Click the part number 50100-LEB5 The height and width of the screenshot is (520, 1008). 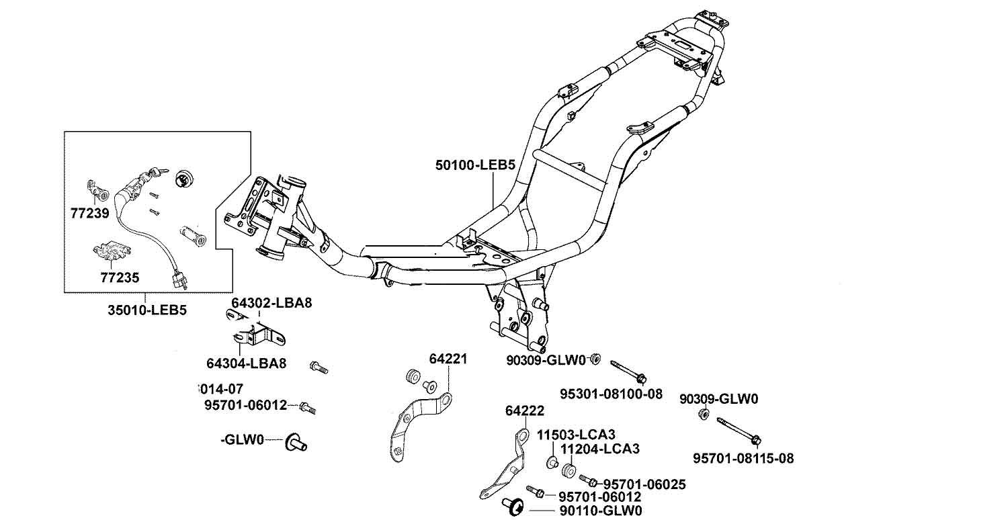click(474, 164)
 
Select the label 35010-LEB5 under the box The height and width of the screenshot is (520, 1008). click(147, 310)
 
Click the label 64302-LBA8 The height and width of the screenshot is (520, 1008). click(272, 303)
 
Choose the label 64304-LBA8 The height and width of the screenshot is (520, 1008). click(246, 363)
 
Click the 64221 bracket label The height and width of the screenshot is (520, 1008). click(448, 359)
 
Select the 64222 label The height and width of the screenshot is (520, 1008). click(524, 410)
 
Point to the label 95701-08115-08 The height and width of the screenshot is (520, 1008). click(743, 459)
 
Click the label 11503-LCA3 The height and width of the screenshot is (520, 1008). click(576, 434)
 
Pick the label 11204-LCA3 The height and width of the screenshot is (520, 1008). click(599, 448)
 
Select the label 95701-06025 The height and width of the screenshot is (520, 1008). click(644, 484)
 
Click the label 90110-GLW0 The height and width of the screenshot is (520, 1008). click(601, 511)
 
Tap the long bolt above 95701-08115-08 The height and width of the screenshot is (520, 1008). click(738, 431)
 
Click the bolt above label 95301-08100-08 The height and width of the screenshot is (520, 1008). click(629, 370)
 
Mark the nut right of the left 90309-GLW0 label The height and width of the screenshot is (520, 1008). click(595, 359)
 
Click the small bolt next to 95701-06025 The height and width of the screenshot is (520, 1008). click(588, 480)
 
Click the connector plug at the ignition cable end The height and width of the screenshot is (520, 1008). click(179, 279)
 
